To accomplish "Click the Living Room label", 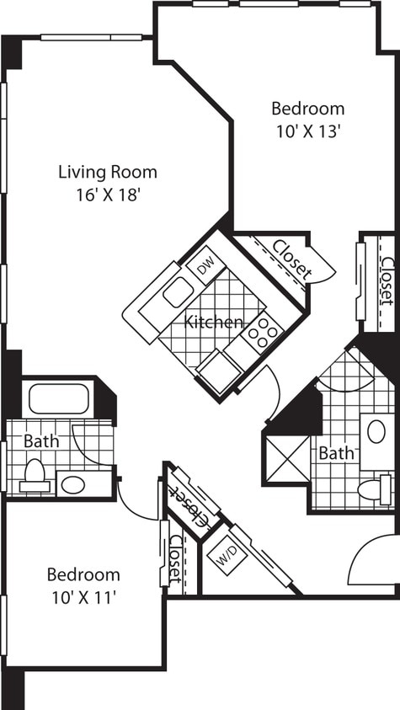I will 107,173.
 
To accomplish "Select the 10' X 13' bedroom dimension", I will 307,131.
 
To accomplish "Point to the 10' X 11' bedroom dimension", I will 83,597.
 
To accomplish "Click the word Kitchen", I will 214,322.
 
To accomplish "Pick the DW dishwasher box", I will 205,267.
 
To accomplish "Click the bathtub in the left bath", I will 59,398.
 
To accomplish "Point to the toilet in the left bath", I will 35,477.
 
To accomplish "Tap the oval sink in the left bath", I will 73,485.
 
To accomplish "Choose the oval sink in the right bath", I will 376,432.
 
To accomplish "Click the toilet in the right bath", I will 373,489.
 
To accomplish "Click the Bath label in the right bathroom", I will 336,453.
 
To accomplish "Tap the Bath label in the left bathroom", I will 40,440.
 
